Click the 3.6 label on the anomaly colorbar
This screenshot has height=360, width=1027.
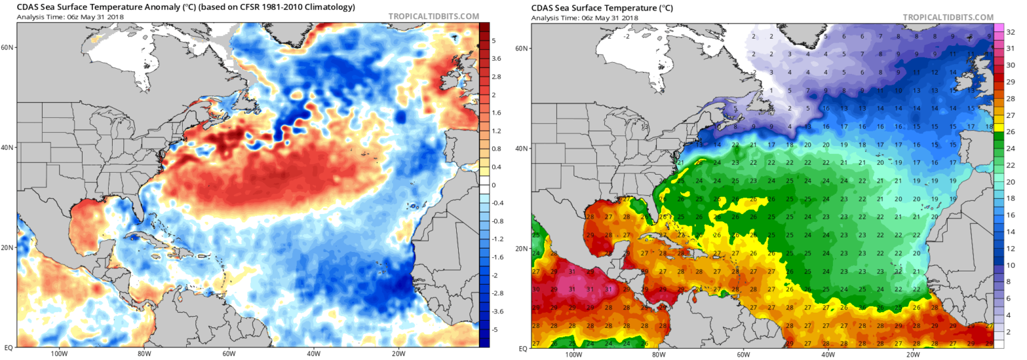click(497, 59)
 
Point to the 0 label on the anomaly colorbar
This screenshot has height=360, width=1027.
click(493, 185)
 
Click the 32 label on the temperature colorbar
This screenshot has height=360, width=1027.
click(1011, 30)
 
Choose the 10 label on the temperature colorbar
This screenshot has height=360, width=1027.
click(1011, 265)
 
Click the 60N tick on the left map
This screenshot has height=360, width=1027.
click(8, 47)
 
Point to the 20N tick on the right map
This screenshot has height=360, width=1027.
click(523, 247)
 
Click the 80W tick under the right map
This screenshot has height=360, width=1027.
click(659, 354)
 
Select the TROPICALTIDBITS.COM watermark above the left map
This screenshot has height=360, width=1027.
click(433, 16)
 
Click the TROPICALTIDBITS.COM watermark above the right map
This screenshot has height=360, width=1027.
click(948, 16)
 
